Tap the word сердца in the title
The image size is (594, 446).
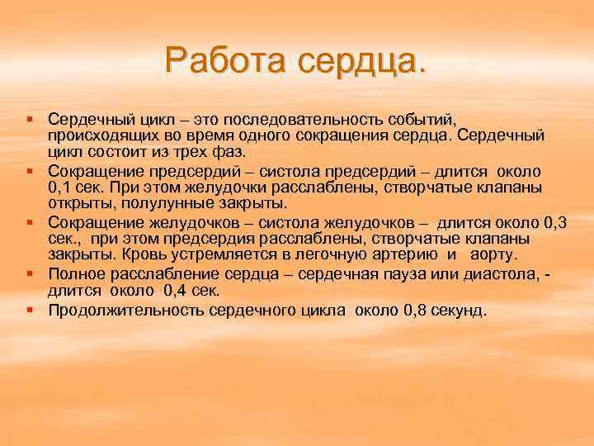(x=362, y=59)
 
